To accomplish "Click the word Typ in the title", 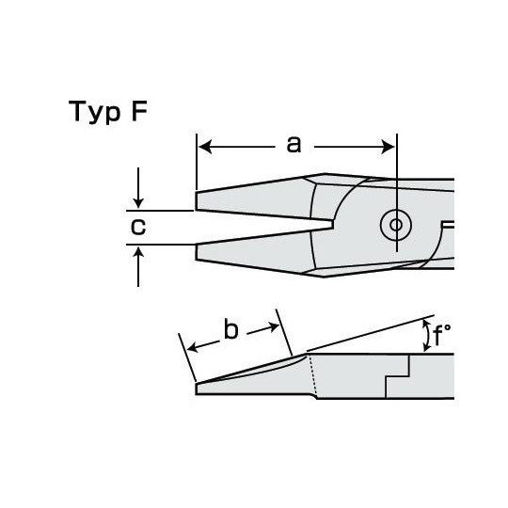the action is [94, 112].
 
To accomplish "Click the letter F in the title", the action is [139, 111].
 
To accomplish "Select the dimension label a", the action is [294, 145].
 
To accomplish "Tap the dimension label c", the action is [138, 227].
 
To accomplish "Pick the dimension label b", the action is [231, 329].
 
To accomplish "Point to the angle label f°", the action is [441, 335].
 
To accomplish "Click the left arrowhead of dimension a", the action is [205, 147].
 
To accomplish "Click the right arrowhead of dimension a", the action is [388, 147].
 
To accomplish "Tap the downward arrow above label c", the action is [138, 188].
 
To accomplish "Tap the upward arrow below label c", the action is [138, 266].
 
